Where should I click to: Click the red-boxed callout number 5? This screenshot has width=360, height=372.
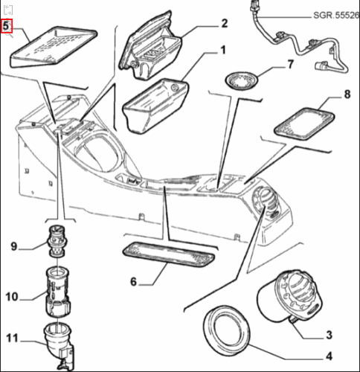coord(6,25)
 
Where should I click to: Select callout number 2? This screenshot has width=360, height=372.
coord(224,23)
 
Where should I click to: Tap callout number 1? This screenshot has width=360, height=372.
coord(223,50)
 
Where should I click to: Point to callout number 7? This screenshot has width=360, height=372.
coord(290,64)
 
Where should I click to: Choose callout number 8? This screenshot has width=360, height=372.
coord(347,94)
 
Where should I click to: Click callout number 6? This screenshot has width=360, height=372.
coord(133,281)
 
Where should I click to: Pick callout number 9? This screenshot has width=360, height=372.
coord(14,246)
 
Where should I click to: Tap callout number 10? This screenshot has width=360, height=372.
coord(12,297)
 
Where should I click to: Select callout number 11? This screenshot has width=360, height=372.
coord(12,339)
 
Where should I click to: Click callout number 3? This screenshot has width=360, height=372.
coord(329,335)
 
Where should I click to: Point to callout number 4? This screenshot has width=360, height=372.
coord(329,356)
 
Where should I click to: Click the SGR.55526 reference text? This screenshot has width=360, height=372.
coord(336,16)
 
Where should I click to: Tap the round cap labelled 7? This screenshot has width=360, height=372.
coord(241,80)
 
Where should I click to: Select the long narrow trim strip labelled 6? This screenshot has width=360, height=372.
coord(168,255)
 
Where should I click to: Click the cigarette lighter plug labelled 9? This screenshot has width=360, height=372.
coord(57,241)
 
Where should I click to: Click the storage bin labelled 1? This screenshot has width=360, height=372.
coord(155,105)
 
